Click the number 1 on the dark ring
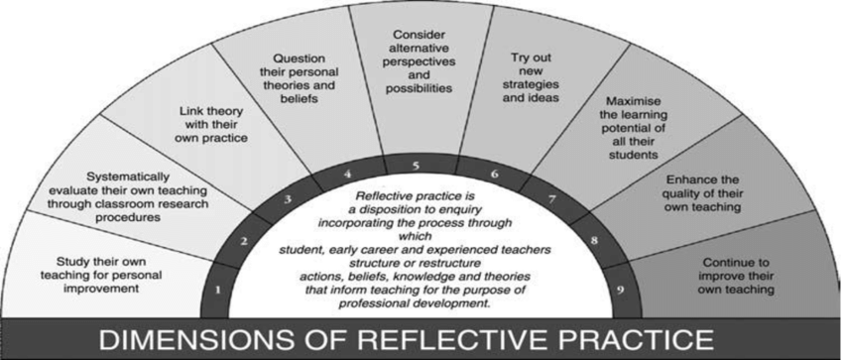[219, 291]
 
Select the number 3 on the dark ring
[288, 199]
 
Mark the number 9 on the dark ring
[621, 291]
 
